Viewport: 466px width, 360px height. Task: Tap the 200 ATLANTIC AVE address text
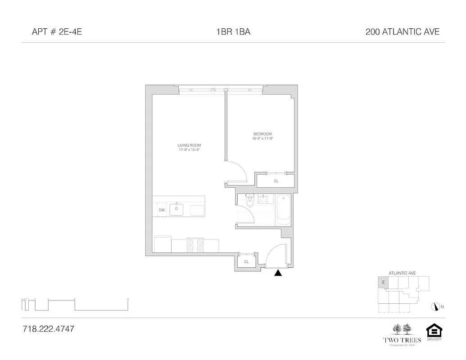(x=403, y=32)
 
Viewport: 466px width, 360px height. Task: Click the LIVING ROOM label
(x=189, y=145)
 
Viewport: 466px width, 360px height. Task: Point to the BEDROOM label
(x=263, y=134)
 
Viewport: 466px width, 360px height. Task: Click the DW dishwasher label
(x=161, y=210)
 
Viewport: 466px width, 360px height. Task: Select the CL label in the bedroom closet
(x=276, y=181)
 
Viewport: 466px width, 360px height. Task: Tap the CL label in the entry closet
(x=246, y=261)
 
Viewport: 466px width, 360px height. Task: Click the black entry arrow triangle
(x=278, y=272)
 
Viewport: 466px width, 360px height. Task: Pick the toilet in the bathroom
(x=250, y=201)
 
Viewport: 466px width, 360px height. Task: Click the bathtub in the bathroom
(x=284, y=209)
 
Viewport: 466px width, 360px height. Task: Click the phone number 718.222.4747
(x=48, y=329)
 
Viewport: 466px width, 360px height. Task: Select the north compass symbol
(x=435, y=306)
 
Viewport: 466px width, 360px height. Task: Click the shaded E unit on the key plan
(x=383, y=283)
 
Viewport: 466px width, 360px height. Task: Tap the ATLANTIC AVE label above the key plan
(x=402, y=273)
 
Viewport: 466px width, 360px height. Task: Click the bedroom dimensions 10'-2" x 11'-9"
(x=263, y=139)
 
